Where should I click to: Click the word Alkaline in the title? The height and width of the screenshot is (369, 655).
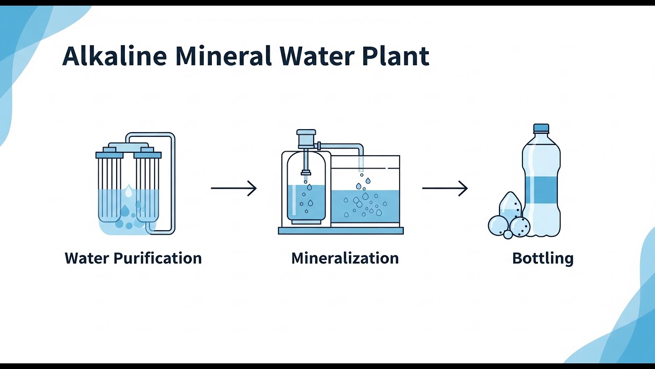coord(114,56)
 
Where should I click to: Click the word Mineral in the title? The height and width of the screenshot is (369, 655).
coord(224,56)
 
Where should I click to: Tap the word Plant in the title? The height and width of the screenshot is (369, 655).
coord(396,56)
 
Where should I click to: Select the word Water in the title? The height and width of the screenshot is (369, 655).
coord(317,56)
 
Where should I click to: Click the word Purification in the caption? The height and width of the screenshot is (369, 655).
coord(157,258)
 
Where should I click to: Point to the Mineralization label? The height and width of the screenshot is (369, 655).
coord(345,258)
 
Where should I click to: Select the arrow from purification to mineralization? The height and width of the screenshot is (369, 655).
coord(234,188)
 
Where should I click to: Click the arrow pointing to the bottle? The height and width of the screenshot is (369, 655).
coord(445,188)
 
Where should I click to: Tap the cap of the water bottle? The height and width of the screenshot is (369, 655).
coord(541,128)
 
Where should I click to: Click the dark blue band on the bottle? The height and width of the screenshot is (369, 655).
coord(541,190)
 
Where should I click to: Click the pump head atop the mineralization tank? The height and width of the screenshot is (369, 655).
coord(306,139)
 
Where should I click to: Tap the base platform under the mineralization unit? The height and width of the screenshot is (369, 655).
coord(341,231)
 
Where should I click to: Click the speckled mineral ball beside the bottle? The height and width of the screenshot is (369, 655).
coord(519,227)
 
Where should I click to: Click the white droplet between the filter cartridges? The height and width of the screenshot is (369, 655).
coord(128,191)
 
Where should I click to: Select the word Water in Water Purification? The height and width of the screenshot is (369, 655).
coord(87,258)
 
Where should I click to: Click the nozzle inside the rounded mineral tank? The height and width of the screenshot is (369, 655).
coord(306,172)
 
